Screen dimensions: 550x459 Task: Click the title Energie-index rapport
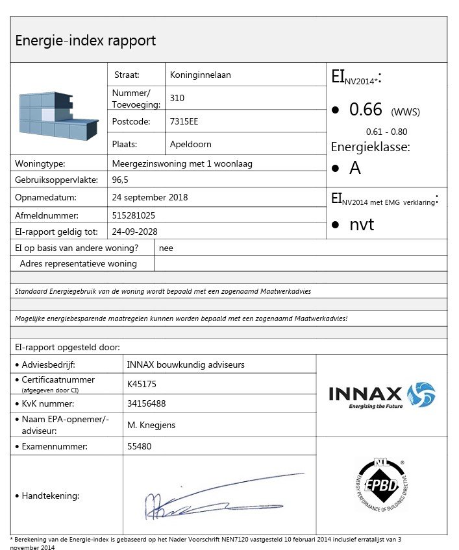pyautogui.click(x=85, y=41)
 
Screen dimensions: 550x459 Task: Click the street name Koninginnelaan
pyautogui.click(x=200, y=75)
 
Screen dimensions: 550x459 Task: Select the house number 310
pyautogui.click(x=177, y=99)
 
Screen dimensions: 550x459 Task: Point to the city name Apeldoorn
pyautogui.click(x=190, y=144)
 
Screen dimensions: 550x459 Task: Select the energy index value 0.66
pyautogui.click(x=366, y=110)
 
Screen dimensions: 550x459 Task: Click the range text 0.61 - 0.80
pyautogui.click(x=387, y=132)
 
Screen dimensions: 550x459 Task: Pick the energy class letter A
pyautogui.click(x=355, y=168)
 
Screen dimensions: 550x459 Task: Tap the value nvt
pyautogui.click(x=362, y=224)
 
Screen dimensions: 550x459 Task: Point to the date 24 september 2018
pyautogui.click(x=149, y=197)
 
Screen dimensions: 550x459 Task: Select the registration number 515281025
pyautogui.click(x=134, y=215)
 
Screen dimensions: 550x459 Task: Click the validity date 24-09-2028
pyautogui.click(x=134, y=231)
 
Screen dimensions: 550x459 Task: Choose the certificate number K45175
pyautogui.click(x=142, y=384)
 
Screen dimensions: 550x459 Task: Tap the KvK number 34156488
pyautogui.click(x=147, y=403)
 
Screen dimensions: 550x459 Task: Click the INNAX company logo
pyautogui.click(x=382, y=395)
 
